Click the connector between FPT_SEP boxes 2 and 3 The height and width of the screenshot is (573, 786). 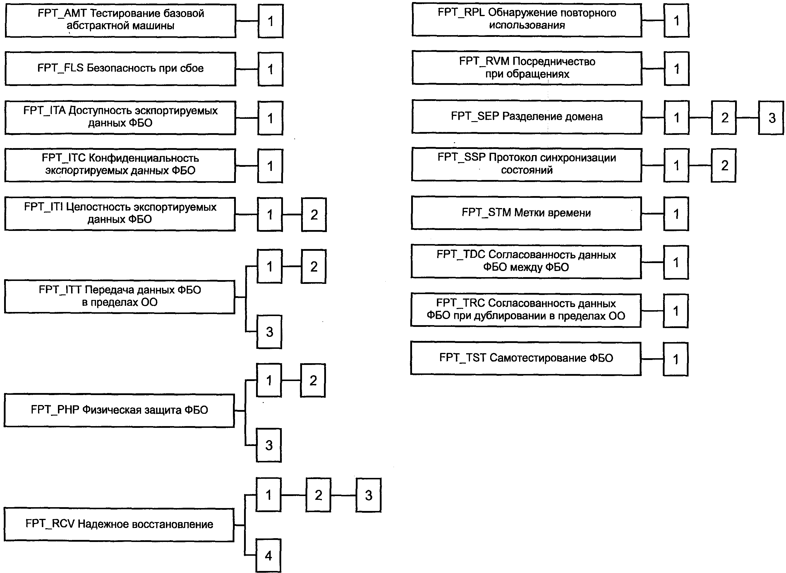747,118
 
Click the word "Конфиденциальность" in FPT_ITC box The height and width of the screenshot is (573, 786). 144,158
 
